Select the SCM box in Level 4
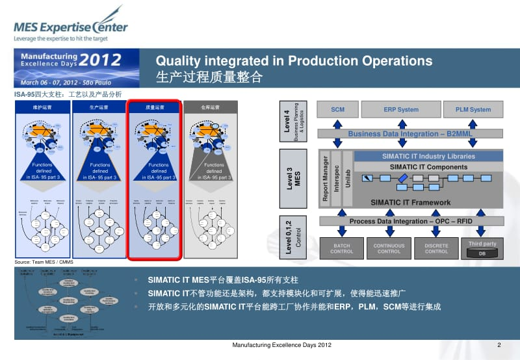pos(337,110)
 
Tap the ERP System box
pos(401,110)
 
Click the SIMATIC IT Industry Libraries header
pos(428,157)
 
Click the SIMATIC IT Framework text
pos(410,203)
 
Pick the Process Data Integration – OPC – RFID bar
pos(410,222)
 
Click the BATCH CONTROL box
pos(342,248)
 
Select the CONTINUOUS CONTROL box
pos(389,248)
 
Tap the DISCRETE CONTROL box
pos(436,248)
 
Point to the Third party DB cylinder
pos(482,252)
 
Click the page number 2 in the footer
pos(499,344)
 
